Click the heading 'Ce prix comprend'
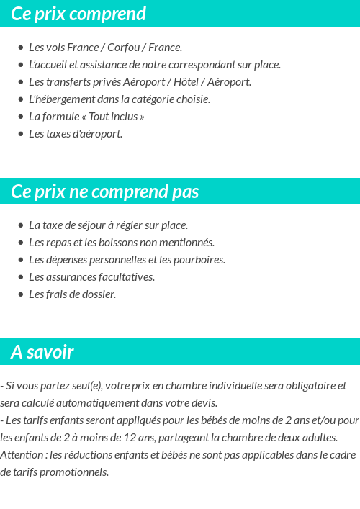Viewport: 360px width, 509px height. [x=78, y=14]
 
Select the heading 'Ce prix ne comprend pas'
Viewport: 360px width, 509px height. [x=105, y=192]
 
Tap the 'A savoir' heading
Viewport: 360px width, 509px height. [x=42, y=352]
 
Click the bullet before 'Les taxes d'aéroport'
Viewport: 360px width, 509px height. [x=21, y=134]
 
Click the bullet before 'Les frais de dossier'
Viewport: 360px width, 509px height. [x=21, y=294]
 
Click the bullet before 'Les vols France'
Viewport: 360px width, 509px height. [x=21, y=48]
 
